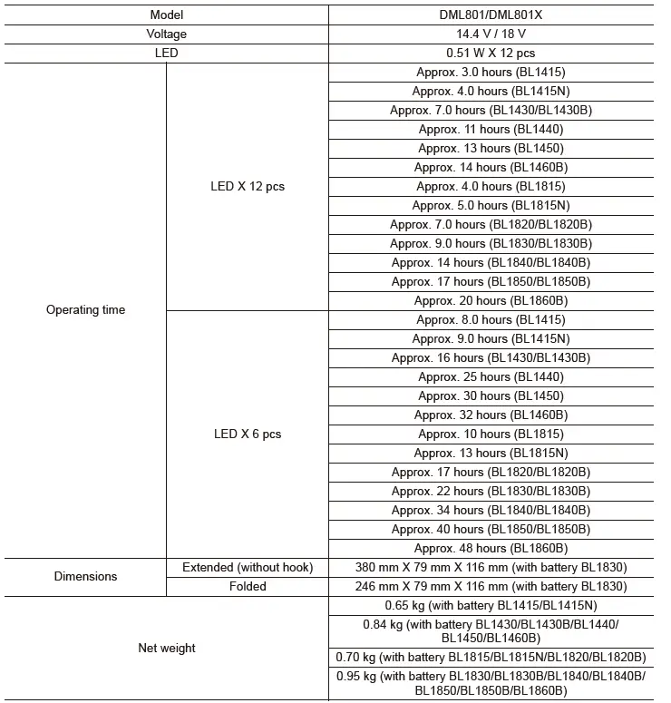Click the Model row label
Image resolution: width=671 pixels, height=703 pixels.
tap(166, 15)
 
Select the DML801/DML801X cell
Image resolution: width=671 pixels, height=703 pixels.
tap(491, 15)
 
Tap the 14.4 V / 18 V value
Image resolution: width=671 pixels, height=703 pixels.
tap(491, 34)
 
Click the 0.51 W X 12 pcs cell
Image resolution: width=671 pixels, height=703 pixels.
tap(491, 53)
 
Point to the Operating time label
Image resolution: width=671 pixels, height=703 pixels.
tap(85, 310)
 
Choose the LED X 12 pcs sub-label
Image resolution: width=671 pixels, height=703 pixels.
tap(248, 186)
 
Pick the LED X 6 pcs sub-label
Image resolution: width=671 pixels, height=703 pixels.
tap(248, 434)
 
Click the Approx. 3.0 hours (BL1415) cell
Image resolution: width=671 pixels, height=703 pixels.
tap(491, 72)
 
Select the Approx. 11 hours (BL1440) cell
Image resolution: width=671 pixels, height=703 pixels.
tap(491, 129)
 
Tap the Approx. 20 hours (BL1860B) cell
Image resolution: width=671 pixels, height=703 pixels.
tap(491, 300)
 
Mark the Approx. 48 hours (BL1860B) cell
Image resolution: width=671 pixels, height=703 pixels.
tap(491, 548)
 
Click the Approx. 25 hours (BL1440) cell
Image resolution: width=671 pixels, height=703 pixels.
tap(491, 376)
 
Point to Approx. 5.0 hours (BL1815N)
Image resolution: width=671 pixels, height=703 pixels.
tap(491, 205)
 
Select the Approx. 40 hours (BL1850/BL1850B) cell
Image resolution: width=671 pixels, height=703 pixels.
tap(491, 529)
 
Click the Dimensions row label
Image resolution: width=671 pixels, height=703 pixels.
tap(85, 576)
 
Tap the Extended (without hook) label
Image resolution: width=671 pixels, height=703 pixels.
tap(248, 567)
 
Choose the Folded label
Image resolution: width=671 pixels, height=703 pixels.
tap(248, 586)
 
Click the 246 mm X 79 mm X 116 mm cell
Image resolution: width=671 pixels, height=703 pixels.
tap(491, 586)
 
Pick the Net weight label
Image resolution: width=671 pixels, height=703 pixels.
tap(166, 648)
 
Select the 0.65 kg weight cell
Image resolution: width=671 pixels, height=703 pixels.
tap(491, 605)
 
